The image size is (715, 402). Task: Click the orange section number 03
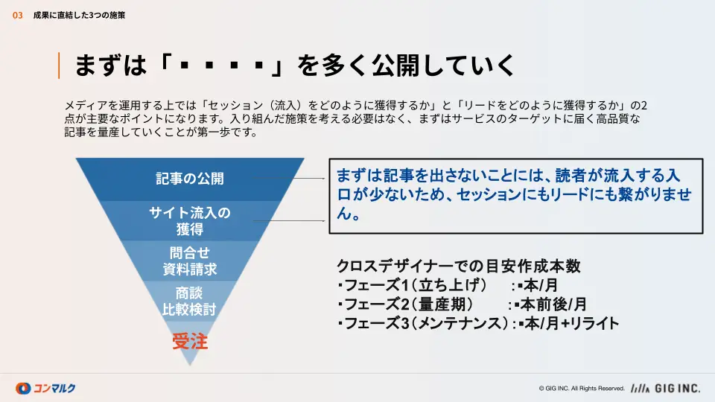(17, 16)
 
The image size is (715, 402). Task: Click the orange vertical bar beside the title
(59, 66)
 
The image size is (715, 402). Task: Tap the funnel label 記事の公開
(190, 178)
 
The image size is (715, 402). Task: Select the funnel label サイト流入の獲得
(190, 220)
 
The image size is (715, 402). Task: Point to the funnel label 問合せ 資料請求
(190, 261)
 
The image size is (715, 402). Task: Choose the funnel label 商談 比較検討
(189, 301)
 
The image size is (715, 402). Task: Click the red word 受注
(190, 341)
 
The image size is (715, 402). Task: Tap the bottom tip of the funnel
(190, 365)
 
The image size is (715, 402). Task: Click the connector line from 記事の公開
(288, 178)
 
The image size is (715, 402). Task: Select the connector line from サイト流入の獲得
(288, 220)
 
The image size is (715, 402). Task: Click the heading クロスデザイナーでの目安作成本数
(459, 266)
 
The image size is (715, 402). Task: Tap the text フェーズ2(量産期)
(409, 304)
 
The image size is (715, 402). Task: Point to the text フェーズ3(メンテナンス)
(426, 323)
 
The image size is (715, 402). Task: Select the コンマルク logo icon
(23, 389)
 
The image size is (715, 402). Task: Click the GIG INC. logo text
(677, 389)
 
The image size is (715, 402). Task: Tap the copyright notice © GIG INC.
(582, 389)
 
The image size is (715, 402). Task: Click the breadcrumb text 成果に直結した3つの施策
(79, 16)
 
